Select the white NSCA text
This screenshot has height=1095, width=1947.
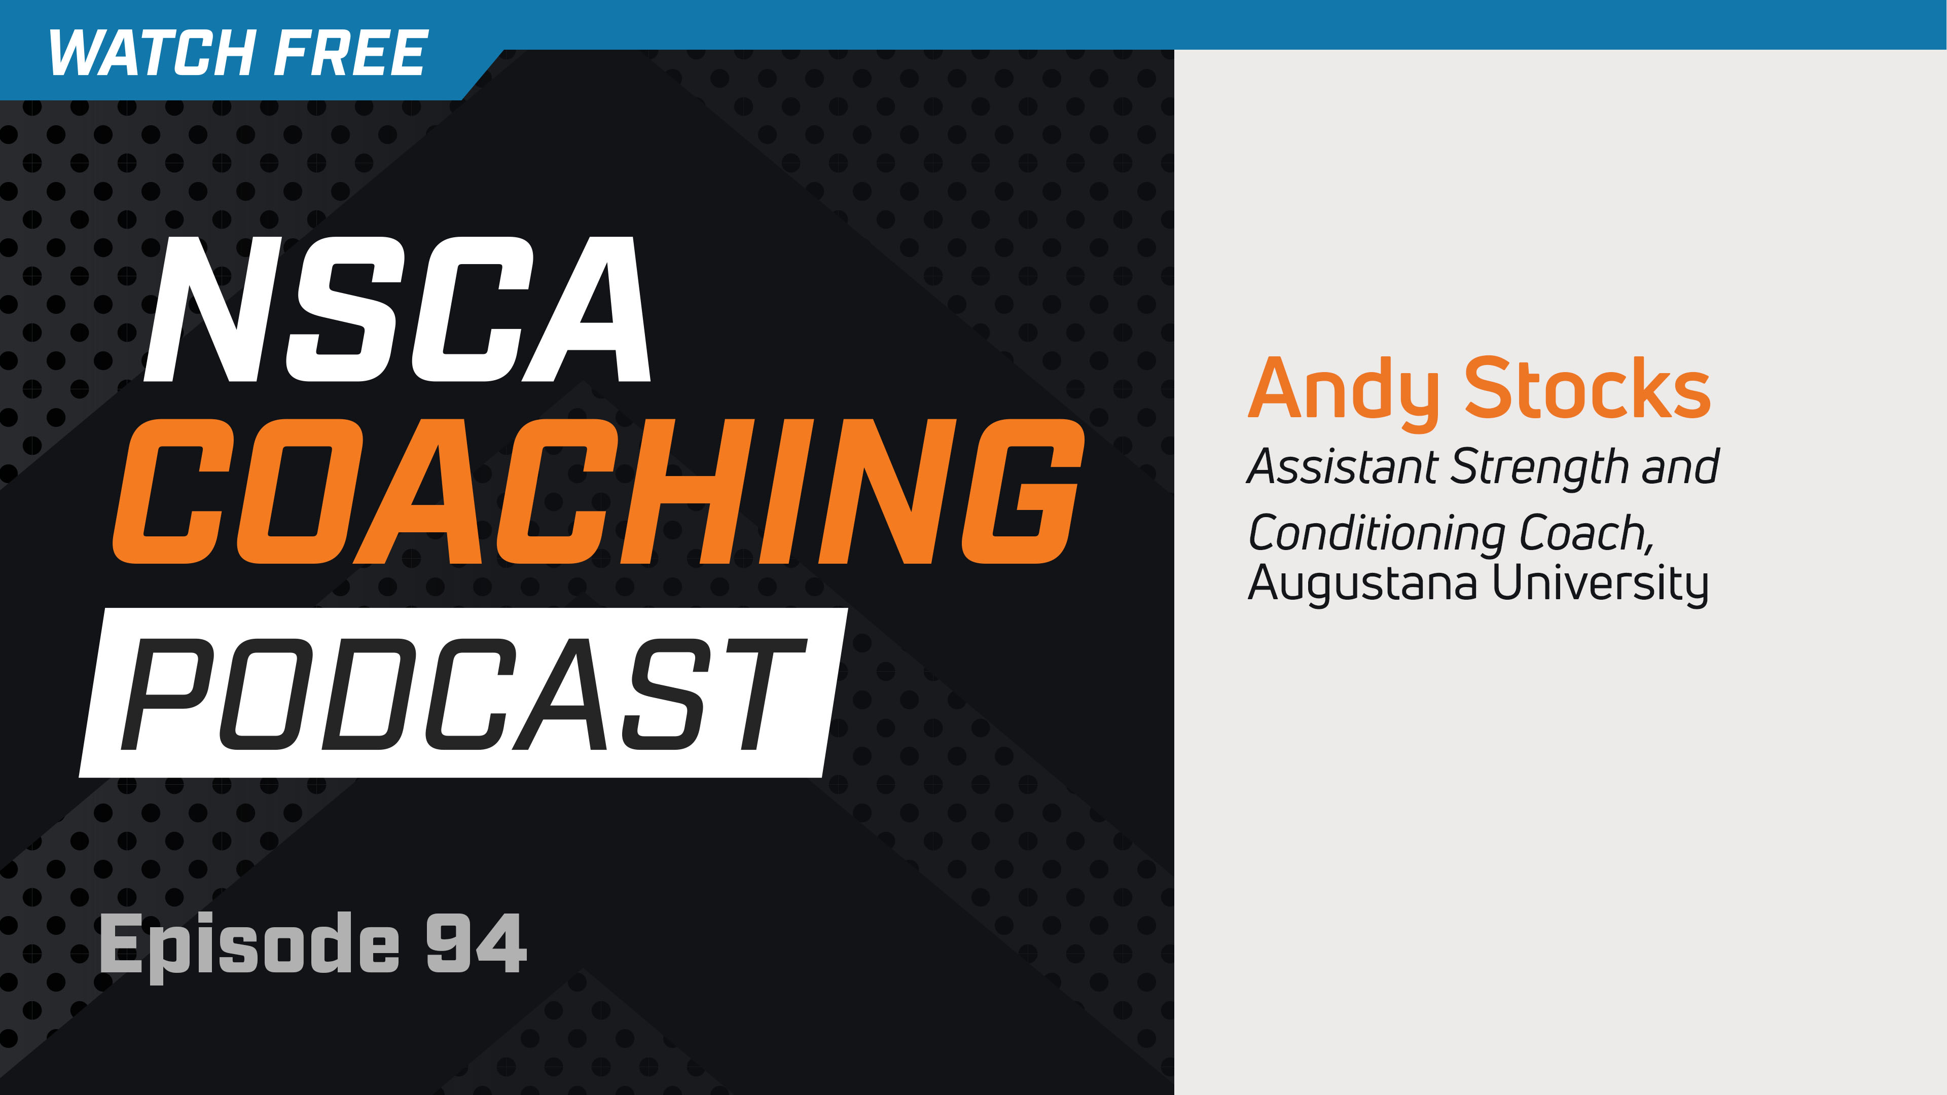397,310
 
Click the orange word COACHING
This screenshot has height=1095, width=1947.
597,491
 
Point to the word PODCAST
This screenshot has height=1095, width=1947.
462,693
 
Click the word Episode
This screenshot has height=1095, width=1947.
249,944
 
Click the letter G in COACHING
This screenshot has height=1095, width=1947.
1020,491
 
